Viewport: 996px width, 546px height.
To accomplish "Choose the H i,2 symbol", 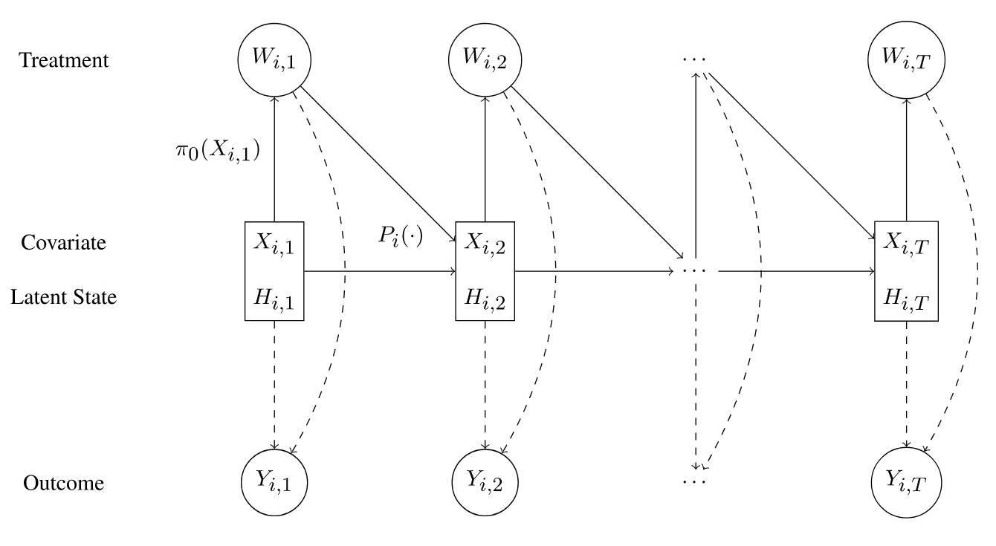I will pyautogui.click(x=485, y=297).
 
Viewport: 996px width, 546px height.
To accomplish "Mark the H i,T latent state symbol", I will pyautogui.click(x=905, y=297).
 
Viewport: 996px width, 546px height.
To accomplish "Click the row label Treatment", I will pyautogui.click(x=64, y=60).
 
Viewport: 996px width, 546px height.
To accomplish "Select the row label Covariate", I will pyautogui.click(x=64, y=243).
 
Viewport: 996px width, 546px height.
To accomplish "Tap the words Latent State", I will pyautogui.click(x=64, y=297).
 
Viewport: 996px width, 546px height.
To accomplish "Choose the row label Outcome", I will pyautogui.click(x=64, y=484).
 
